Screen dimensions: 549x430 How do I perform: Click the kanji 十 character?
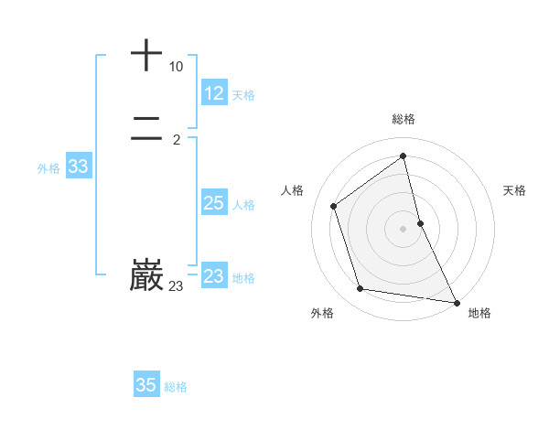pos(146,55)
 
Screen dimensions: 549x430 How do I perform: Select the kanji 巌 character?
pos(146,274)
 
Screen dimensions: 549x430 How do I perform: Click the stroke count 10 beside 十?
pos(176,67)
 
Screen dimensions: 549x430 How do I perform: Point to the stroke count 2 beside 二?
pos(176,140)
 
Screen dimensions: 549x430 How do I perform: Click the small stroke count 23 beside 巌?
pos(176,286)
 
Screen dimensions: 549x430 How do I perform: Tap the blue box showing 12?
pos(214,93)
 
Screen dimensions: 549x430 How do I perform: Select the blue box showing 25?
pos(214,203)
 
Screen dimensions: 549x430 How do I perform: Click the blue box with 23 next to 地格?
pos(214,276)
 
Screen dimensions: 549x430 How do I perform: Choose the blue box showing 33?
pos(78,167)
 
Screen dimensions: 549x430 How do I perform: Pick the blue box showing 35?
pos(146,385)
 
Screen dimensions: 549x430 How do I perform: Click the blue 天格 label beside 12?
pos(243,95)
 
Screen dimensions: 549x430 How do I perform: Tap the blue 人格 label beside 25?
pos(243,205)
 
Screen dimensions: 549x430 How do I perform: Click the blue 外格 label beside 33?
pos(48,168)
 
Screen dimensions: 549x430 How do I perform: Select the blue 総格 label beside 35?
pos(176,387)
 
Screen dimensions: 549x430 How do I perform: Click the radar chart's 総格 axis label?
pos(404,119)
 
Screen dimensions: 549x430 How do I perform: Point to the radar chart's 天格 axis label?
pos(514,190)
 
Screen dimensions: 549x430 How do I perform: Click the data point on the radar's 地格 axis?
pos(457,301)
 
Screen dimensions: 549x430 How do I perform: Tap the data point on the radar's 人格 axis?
pos(334,206)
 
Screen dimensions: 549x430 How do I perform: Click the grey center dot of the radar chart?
pos(404,228)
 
